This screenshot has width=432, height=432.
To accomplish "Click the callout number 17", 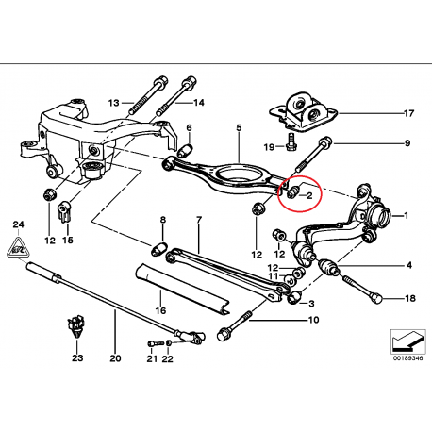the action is pos(408,113).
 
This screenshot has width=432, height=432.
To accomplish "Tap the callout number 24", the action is pos(18,224).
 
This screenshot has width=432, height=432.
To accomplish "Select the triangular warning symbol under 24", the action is pos(18,247).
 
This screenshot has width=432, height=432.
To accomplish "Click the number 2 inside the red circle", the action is pos(309,196).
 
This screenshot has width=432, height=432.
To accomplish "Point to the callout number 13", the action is pos(114,103).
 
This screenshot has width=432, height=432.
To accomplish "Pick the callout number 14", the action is pos(198,103).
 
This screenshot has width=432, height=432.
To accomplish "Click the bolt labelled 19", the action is pos(291,141).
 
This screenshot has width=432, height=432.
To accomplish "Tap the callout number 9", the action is pos(407,143).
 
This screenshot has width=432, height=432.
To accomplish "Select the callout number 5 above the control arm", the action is pos(239,128).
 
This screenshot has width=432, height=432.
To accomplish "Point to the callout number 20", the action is pos(115,358).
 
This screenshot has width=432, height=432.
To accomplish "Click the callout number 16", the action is pos(160,310).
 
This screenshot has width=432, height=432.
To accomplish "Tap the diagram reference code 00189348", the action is pos(407,358).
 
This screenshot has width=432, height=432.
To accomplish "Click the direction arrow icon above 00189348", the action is pos(407,342).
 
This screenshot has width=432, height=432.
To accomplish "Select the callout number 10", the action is pos(314,320).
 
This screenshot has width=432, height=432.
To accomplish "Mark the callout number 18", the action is pos(410,298).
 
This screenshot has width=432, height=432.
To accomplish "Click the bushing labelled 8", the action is pos(159,249).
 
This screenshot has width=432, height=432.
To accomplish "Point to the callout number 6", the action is pos(189,128).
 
